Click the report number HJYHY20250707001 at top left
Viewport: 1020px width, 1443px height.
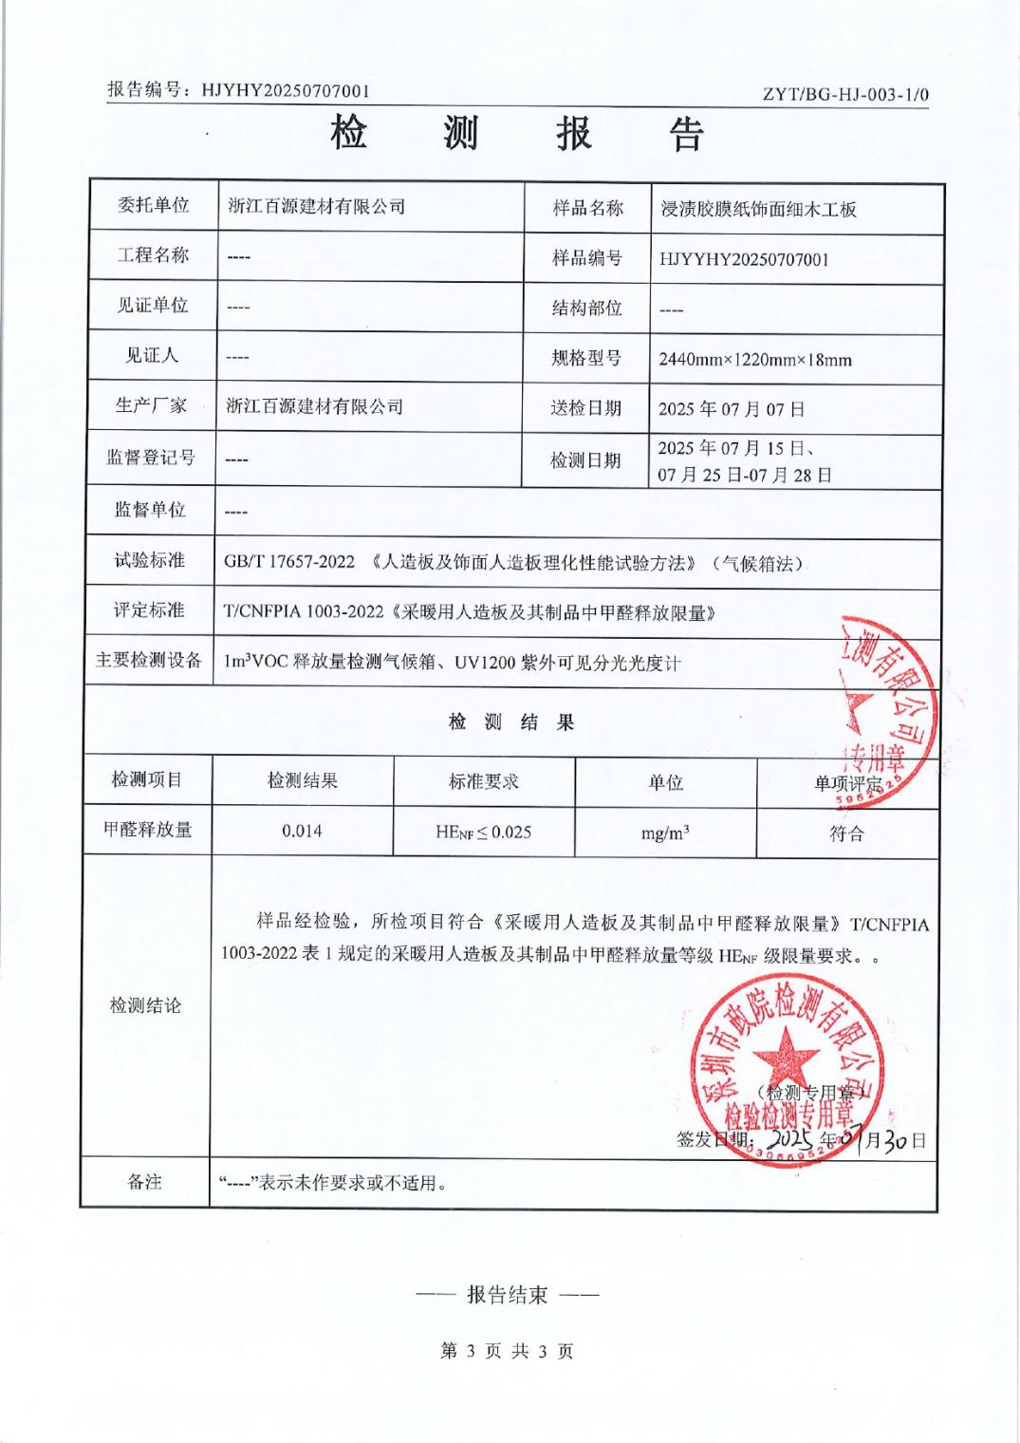coord(286,91)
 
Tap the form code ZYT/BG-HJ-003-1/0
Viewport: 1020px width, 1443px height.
coord(845,94)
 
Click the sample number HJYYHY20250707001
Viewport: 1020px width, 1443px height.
coord(744,259)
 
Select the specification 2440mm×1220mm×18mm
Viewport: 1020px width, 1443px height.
coord(754,360)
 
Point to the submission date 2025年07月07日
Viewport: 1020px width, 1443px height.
coord(731,409)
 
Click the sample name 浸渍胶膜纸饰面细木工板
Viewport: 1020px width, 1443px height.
coord(758,209)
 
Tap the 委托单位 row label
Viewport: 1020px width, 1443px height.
coord(153,205)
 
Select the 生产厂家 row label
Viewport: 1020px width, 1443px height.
coord(152,405)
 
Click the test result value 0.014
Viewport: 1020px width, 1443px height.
coord(302,831)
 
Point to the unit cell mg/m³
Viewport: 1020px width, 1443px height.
coord(664,833)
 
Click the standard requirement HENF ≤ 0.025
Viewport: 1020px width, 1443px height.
coord(483,832)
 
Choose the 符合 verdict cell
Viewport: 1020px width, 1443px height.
coord(846,834)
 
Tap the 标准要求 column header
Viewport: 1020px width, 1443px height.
coord(484,781)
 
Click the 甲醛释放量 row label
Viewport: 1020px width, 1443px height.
coord(148,830)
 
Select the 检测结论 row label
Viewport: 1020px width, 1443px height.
coord(145,1005)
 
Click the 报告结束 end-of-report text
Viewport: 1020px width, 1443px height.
coord(507,1295)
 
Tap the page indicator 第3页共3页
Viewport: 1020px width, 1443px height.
coord(508,1351)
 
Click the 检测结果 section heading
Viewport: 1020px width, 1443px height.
coord(511,722)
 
